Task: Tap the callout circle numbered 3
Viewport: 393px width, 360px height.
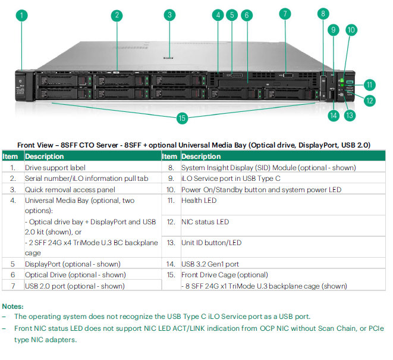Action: click(x=170, y=15)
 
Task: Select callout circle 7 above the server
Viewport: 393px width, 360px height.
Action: click(x=285, y=14)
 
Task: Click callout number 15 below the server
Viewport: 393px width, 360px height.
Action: click(x=182, y=118)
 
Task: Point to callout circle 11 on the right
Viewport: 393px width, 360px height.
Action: click(x=370, y=85)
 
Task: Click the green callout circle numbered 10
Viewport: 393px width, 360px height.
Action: click(x=351, y=29)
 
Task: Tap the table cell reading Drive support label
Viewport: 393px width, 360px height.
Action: click(x=55, y=168)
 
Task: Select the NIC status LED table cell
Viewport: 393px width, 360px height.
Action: click(x=206, y=221)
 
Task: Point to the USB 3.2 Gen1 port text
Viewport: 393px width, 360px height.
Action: click(x=210, y=264)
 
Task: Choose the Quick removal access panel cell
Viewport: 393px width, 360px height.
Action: click(x=68, y=189)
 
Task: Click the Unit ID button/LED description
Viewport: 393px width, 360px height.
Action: click(x=212, y=243)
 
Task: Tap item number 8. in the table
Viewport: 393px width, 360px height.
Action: click(x=170, y=168)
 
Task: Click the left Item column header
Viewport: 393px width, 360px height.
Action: click(x=11, y=156)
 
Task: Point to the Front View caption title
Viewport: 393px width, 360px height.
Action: click(x=193, y=145)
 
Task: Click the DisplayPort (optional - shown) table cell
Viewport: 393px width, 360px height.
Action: click(x=73, y=264)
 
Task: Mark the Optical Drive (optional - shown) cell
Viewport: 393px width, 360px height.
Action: click(x=75, y=274)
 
